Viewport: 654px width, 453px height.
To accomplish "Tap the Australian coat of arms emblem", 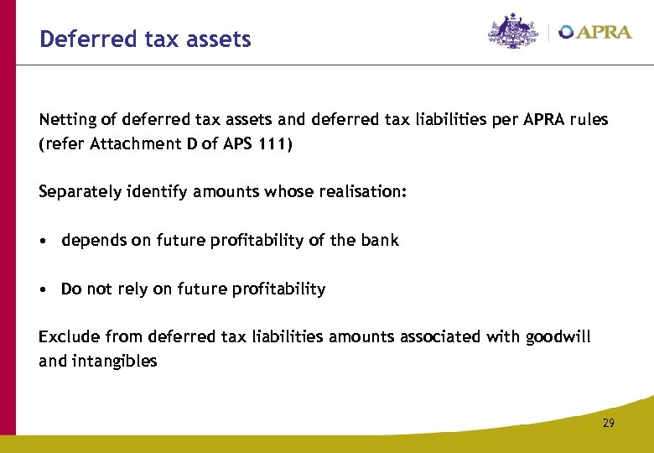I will point(514,32).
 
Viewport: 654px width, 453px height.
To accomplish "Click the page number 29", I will point(608,423).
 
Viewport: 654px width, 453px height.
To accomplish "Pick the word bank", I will point(381,241).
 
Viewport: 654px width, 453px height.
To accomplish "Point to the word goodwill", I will point(558,337).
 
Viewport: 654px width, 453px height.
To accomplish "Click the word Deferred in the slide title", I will point(78,39).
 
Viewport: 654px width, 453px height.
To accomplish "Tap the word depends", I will point(90,241).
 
